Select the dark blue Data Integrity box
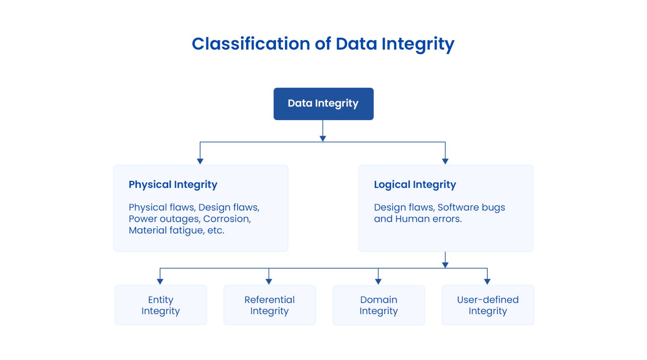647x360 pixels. click(x=323, y=104)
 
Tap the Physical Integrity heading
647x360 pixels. click(x=173, y=185)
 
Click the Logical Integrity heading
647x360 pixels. click(x=415, y=185)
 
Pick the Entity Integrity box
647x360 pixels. click(x=160, y=305)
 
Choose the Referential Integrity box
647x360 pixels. click(x=269, y=305)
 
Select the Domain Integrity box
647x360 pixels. click(x=378, y=305)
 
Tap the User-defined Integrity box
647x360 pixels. click(x=488, y=305)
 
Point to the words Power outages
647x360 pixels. click(x=164, y=219)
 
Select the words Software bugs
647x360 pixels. click(x=471, y=207)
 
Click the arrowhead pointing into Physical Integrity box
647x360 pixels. click(x=200, y=161)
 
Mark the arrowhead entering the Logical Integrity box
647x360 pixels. click(x=445, y=161)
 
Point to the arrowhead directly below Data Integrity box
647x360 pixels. click(x=323, y=138)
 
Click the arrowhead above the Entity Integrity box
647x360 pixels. click(x=160, y=282)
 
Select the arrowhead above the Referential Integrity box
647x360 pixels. click(x=269, y=282)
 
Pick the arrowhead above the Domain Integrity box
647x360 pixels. click(x=378, y=282)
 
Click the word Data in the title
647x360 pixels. click(x=356, y=44)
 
